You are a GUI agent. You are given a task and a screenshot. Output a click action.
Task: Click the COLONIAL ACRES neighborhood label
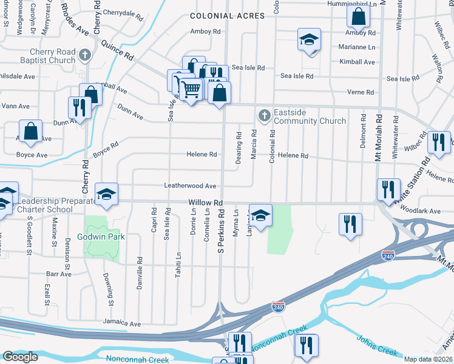point(227,16)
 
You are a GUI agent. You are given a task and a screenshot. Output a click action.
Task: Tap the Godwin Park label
point(101,237)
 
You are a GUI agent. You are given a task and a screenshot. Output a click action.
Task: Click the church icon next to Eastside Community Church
point(264,115)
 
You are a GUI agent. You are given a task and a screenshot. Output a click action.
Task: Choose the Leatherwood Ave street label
point(190,186)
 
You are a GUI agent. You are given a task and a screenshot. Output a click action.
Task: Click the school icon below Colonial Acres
point(309,41)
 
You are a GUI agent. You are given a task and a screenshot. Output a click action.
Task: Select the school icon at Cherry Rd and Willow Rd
point(106,194)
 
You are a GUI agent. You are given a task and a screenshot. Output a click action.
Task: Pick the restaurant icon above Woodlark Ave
point(387,189)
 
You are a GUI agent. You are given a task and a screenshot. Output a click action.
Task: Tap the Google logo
point(20,357)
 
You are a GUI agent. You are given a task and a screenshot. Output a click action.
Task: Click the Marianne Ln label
point(357,47)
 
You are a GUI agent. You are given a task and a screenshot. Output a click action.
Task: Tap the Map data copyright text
point(429,359)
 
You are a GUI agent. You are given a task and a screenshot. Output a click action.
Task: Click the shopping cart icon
point(191,89)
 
